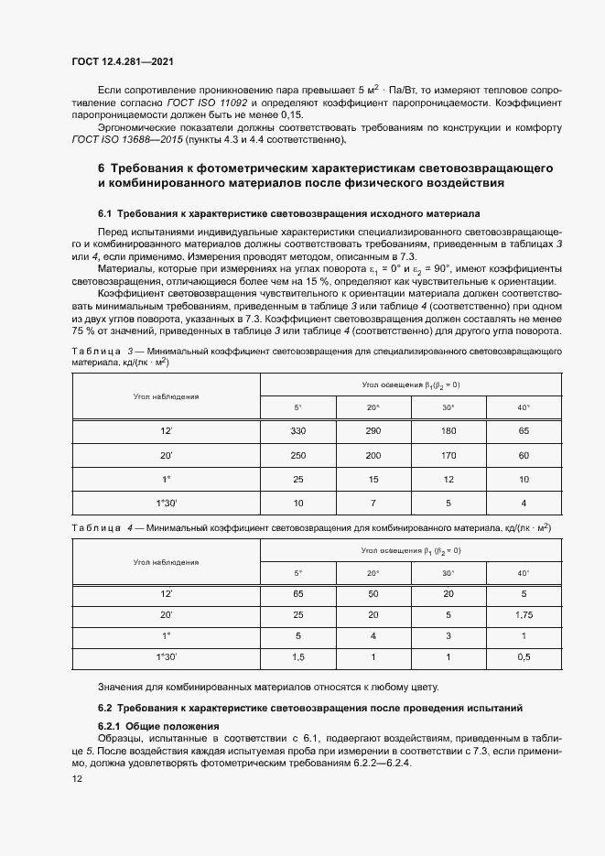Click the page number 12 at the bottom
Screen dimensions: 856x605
pos(77,778)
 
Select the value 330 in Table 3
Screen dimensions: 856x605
pos(297,430)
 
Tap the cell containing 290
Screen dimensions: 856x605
pos(373,430)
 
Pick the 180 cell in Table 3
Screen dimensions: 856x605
pos(448,430)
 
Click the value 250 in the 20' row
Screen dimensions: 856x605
pos(297,455)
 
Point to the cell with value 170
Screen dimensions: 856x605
pos(448,455)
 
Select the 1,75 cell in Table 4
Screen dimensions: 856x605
pos(523,615)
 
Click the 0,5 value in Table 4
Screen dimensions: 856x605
pos(523,657)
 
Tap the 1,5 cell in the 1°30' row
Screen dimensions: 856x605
pos(297,657)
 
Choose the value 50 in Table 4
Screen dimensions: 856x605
pos(373,594)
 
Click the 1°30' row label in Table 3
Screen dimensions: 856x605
pos(167,503)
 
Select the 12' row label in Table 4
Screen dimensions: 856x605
pos(167,594)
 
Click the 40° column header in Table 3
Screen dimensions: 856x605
pos(523,406)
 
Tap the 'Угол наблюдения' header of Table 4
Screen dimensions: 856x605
pos(166,561)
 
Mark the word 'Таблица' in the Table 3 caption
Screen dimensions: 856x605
pos(94,352)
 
